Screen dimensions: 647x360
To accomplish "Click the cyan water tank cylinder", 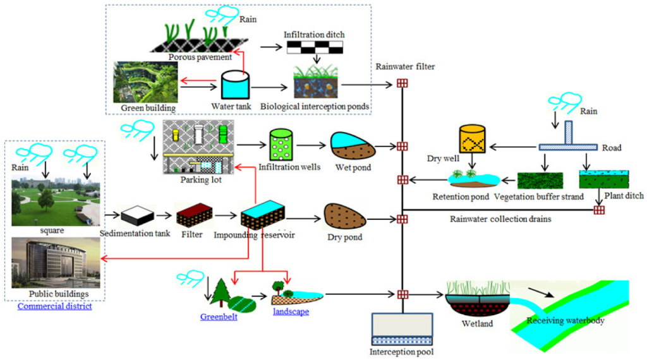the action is click(x=235, y=85).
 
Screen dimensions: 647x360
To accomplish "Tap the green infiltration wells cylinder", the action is click(x=281, y=145).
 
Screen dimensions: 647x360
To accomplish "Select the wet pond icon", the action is click(x=353, y=145).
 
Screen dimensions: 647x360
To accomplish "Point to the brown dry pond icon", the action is click(x=345, y=216).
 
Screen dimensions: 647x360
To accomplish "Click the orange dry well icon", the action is click(x=472, y=139).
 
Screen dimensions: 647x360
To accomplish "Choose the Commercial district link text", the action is click(x=54, y=306).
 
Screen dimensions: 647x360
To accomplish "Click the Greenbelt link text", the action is click(x=219, y=316).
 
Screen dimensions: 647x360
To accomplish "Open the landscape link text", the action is click(x=291, y=311).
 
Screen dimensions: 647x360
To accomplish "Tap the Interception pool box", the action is click(x=402, y=329).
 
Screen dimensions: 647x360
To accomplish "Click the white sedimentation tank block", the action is click(x=137, y=215).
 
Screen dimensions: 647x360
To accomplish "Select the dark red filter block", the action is click(x=195, y=215).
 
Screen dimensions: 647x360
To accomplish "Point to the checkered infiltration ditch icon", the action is click(x=315, y=47).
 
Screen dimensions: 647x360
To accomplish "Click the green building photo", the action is click(x=145, y=82).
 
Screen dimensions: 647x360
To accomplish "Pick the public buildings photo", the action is click(x=56, y=263).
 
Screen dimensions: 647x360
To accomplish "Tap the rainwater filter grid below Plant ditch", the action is click(x=599, y=210).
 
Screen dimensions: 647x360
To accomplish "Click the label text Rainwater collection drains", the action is click(x=500, y=219).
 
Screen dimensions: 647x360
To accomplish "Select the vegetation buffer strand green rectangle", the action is click(x=540, y=181).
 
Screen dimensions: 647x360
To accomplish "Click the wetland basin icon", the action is click(x=478, y=299).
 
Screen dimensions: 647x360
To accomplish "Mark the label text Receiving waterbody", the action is click(x=565, y=320).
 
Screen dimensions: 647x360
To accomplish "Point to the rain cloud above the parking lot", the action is click(x=137, y=129).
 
